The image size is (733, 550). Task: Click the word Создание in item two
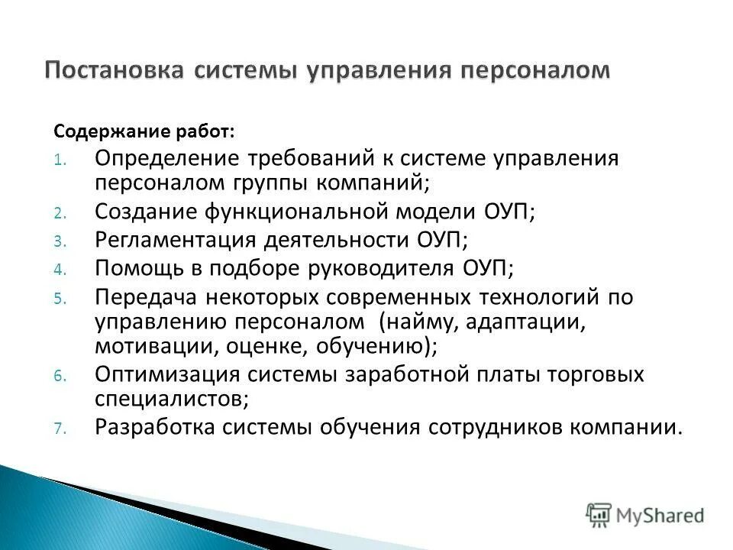pyautogui.click(x=144, y=211)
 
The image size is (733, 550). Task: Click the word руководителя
pyautogui.click(x=377, y=267)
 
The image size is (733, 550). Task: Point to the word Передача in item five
pyautogui.click(x=140, y=296)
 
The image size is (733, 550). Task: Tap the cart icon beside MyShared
pyautogui.click(x=599, y=514)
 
